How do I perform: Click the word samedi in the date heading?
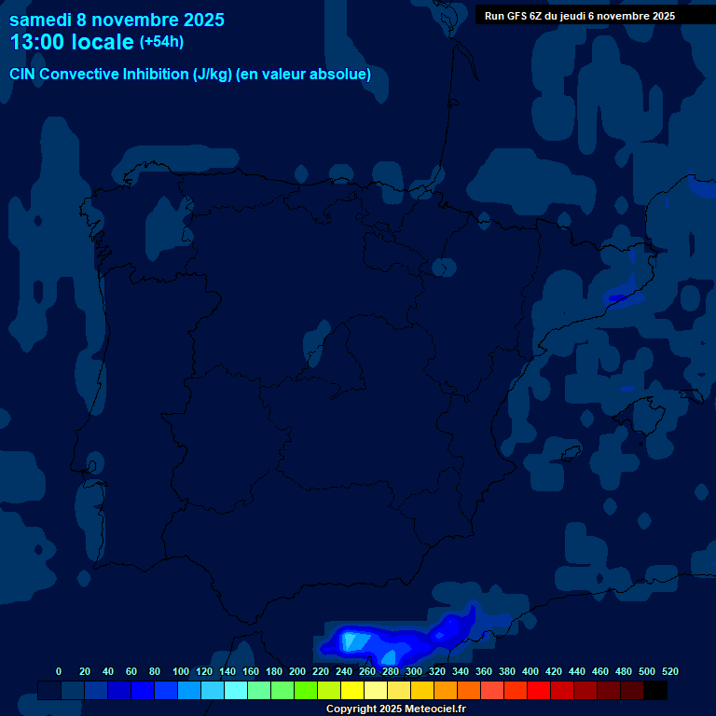coord(44,19)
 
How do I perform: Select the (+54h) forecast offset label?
coord(161,42)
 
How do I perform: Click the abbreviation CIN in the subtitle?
coord(23,75)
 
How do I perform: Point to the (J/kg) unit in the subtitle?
coord(213,75)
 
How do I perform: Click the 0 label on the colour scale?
coord(59,671)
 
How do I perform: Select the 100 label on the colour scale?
coord(180,671)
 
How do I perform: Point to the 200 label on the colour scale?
coord(296,671)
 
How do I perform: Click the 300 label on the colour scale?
coord(413,671)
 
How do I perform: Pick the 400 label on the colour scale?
coord(530,671)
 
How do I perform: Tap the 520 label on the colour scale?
coord(669,671)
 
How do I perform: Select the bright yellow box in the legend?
coord(352,690)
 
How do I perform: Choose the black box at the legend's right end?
coord(655,690)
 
